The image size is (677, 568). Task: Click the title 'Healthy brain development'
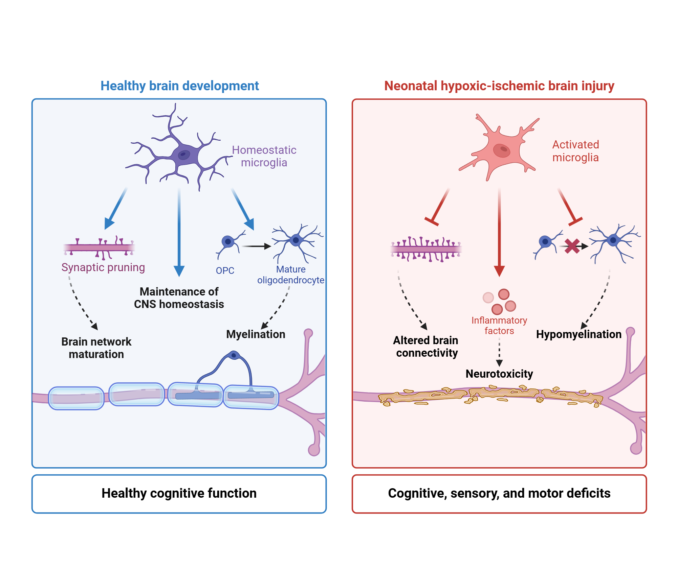pyautogui.click(x=179, y=86)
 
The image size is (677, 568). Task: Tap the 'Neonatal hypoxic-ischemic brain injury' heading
pyautogui.click(x=499, y=86)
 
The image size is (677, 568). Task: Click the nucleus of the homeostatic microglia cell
pyautogui.click(x=184, y=155)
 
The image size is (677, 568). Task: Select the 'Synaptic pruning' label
pyautogui.click(x=103, y=267)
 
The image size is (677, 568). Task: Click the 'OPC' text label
pyautogui.click(x=225, y=270)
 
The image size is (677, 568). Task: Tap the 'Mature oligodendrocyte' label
pyautogui.click(x=290, y=275)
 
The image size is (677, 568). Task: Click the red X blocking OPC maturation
pyautogui.click(x=572, y=246)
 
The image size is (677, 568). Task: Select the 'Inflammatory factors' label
pyautogui.click(x=499, y=325)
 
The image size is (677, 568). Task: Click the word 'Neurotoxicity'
pyautogui.click(x=499, y=374)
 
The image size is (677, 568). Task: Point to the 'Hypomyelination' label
pyautogui.click(x=578, y=334)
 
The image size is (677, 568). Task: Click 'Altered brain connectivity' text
pyautogui.click(x=426, y=347)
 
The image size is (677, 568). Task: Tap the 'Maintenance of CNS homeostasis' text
pyautogui.click(x=179, y=298)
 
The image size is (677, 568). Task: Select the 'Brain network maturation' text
pyautogui.click(x=96, y=348)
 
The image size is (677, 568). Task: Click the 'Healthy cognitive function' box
pyautogui.click(x=179, y=494)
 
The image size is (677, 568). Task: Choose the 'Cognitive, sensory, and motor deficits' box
pyautogui.click(x=499, y=494)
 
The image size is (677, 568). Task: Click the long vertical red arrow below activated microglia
pyautogui.click(x=499, y=230)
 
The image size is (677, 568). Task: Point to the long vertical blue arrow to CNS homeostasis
pyautogui.click(x=179, y=230)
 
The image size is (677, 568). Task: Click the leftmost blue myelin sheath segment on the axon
pyautogui.click(x=76, y=398)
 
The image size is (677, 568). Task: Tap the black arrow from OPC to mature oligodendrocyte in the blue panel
pyautogui.click(x=256, y=246)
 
